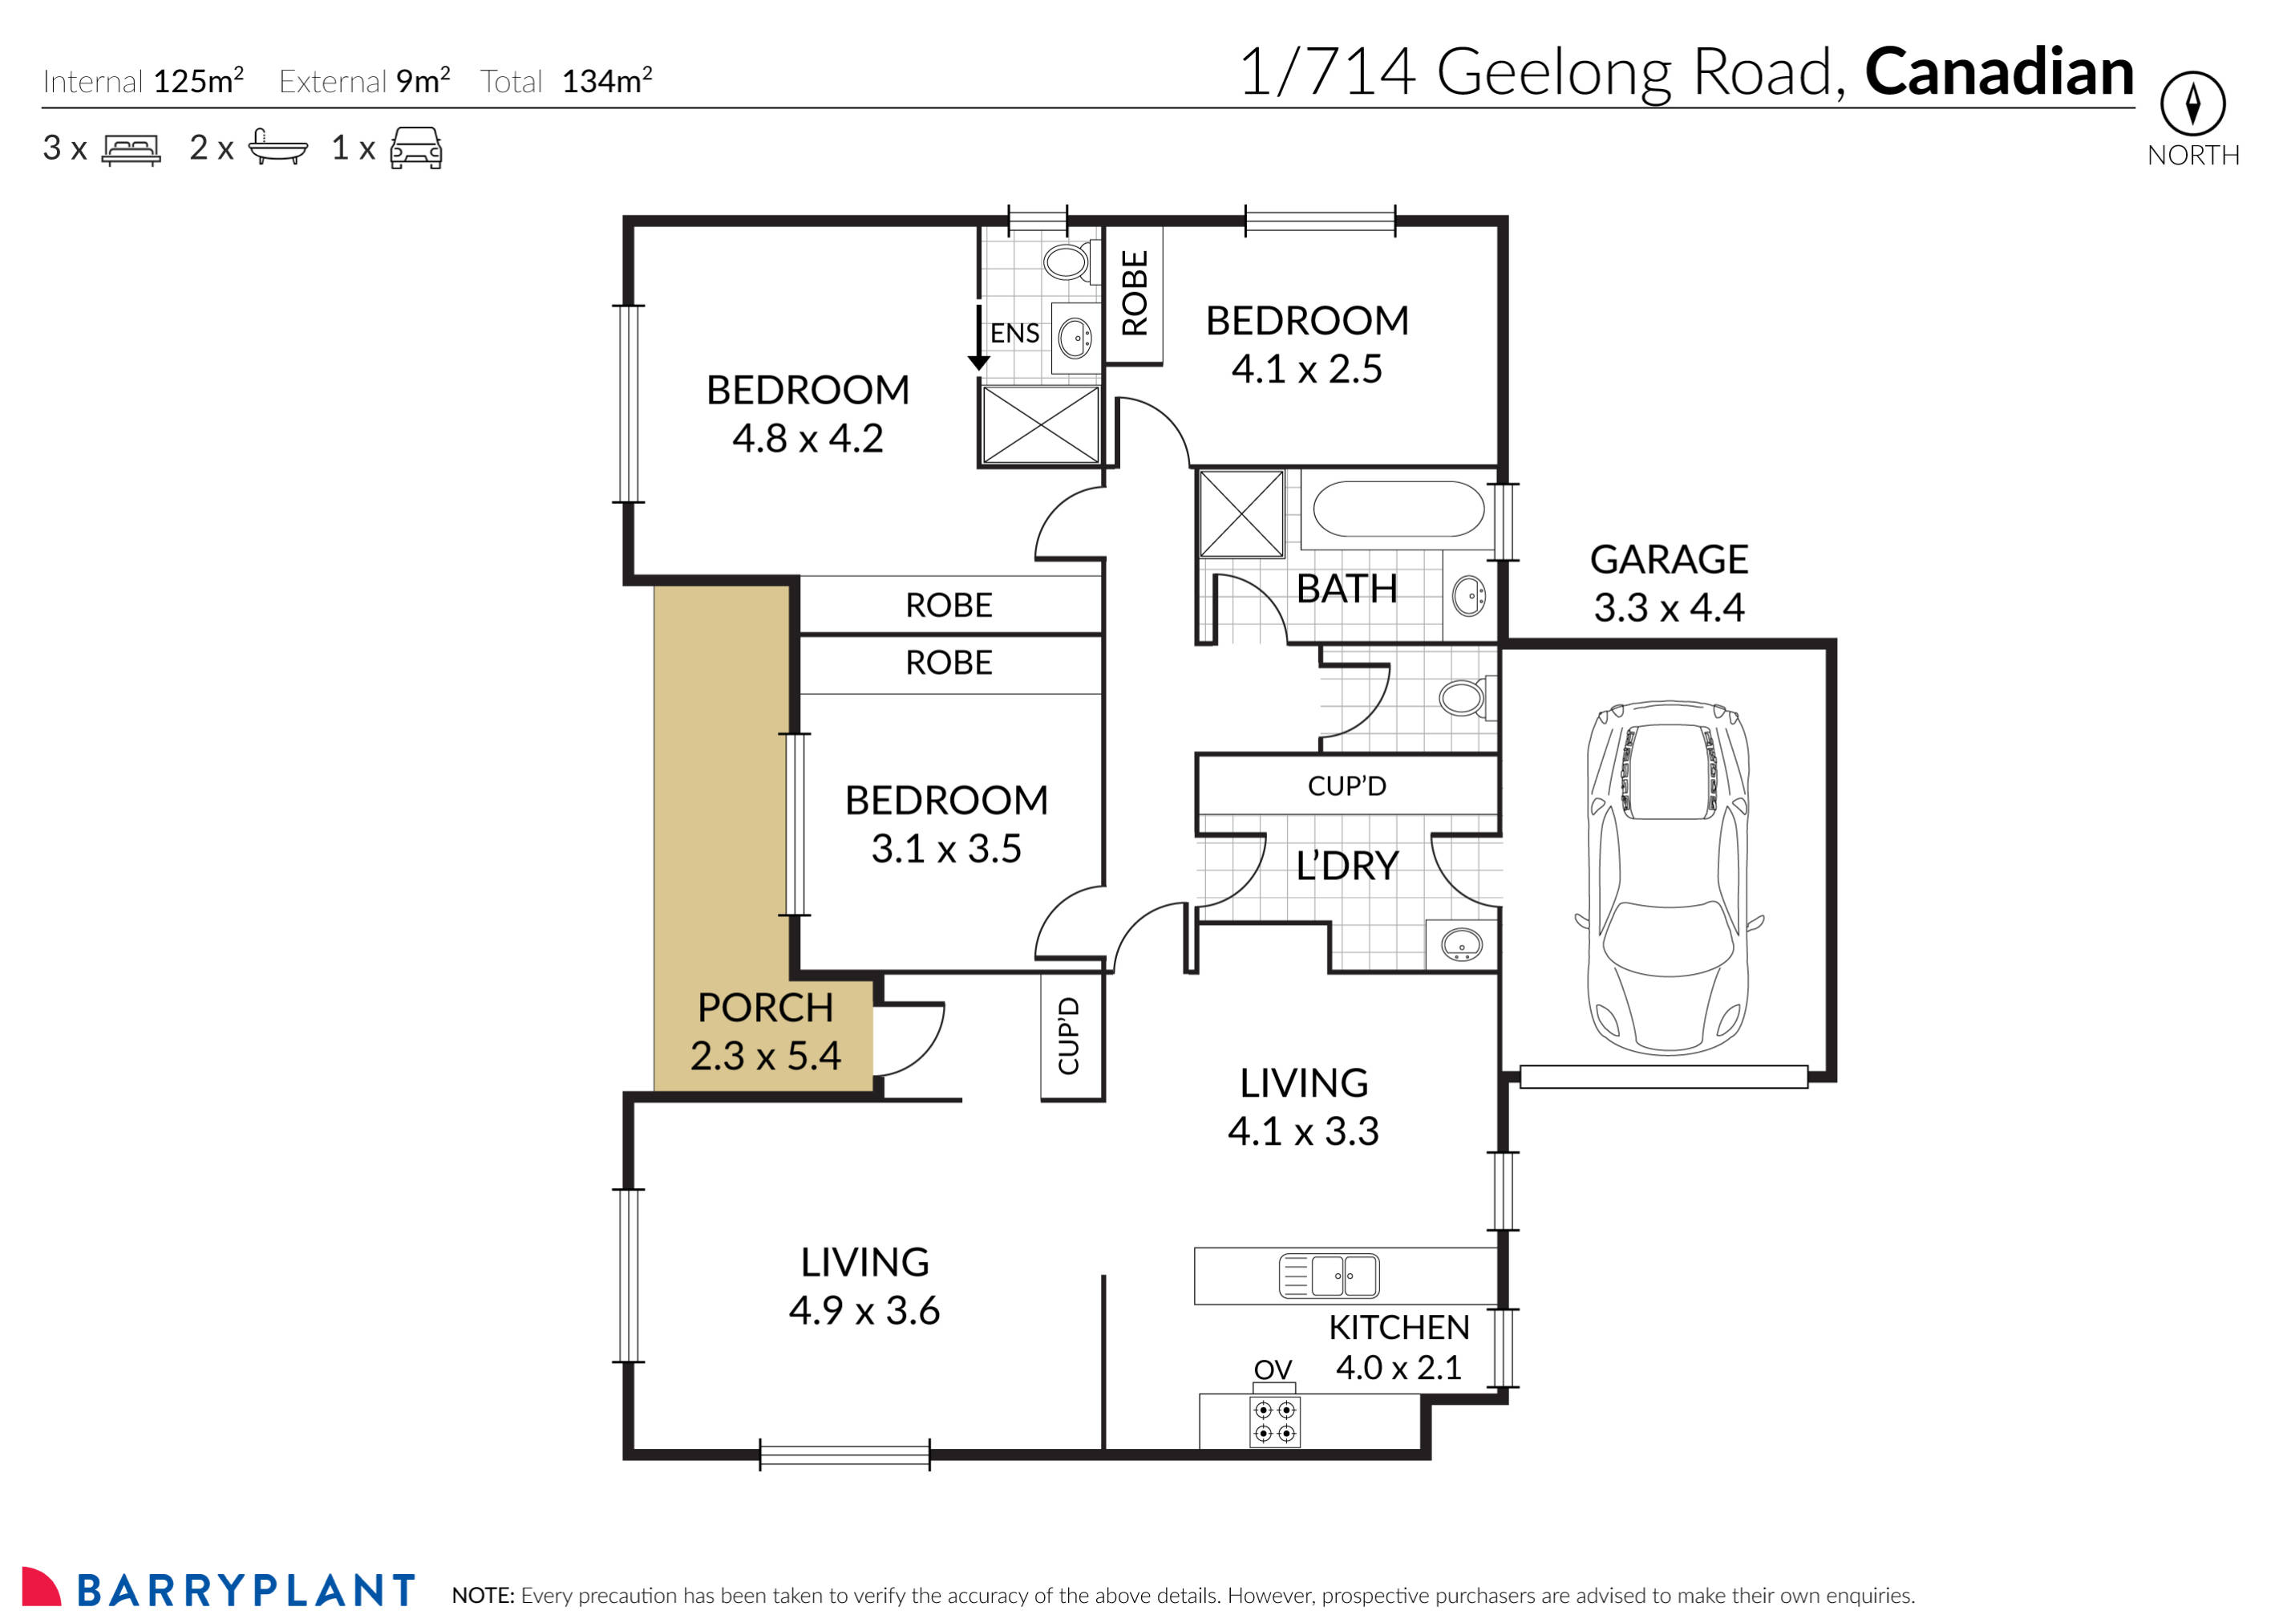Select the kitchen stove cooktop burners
tap(1274, 1422)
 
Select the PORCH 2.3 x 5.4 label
tap(765, 1032)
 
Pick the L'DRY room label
tap(1346, 866)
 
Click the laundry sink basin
tap(1461, 943)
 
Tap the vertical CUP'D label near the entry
tap(1068, 1036)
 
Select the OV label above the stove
tap(1273, 1369)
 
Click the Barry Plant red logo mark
tap(40, 1587)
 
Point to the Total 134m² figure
tap(606, 81)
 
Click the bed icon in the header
tap(131, 149)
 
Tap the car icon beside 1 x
tap(415, 148)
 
